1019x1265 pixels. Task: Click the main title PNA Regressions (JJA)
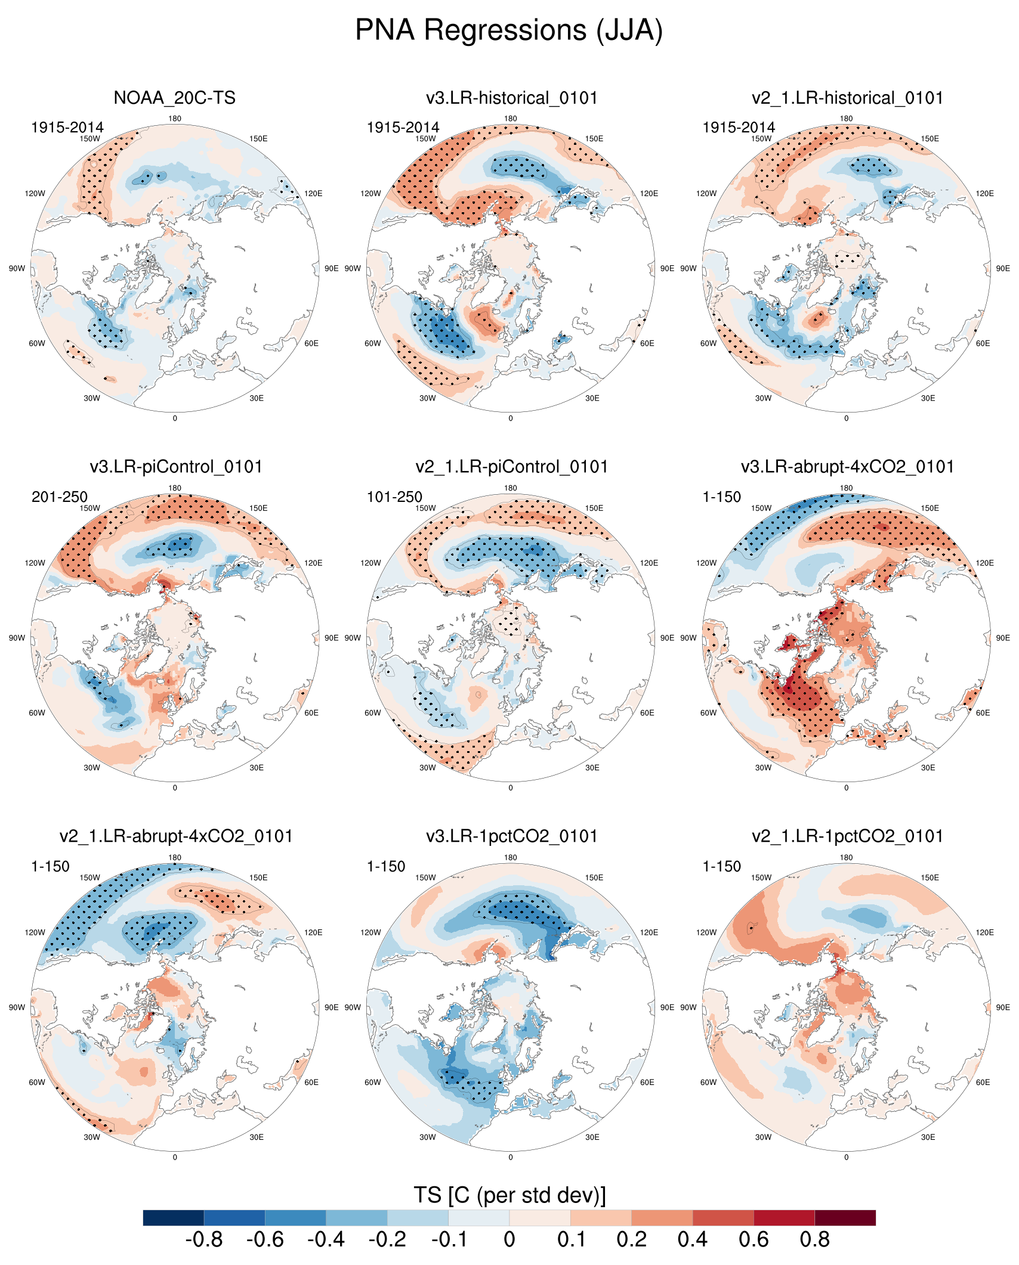pos(509,30)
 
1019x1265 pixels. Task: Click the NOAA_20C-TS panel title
pos(175,98)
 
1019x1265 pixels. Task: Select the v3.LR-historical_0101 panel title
pos(511,98)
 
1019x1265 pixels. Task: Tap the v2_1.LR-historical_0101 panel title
pos(847,98)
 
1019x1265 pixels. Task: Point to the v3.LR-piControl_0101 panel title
pos(176,467)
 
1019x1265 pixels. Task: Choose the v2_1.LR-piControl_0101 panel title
pos(511,467)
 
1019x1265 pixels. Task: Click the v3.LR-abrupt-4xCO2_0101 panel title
pos(847,467)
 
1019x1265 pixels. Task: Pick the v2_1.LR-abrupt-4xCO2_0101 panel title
pos(176,836)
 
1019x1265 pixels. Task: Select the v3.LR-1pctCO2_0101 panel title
pos(511,836)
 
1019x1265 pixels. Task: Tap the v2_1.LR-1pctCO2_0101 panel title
pos(847,836)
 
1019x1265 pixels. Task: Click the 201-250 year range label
pos(60,497)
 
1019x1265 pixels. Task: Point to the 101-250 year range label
pos(394,497)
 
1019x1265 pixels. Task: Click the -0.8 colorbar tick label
pos(204,1240)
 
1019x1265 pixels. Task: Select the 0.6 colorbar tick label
pos(754,1240)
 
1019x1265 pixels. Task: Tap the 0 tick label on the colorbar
pos(509,1240)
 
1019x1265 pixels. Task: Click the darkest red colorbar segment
pos(845,1217)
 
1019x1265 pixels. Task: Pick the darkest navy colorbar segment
pos(174,1217)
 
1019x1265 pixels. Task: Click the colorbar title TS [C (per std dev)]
pos(510,1195)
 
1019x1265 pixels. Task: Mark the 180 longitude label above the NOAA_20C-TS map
pos(175,119)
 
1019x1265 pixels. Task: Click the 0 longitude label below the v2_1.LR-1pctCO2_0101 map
pos(847,1157)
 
